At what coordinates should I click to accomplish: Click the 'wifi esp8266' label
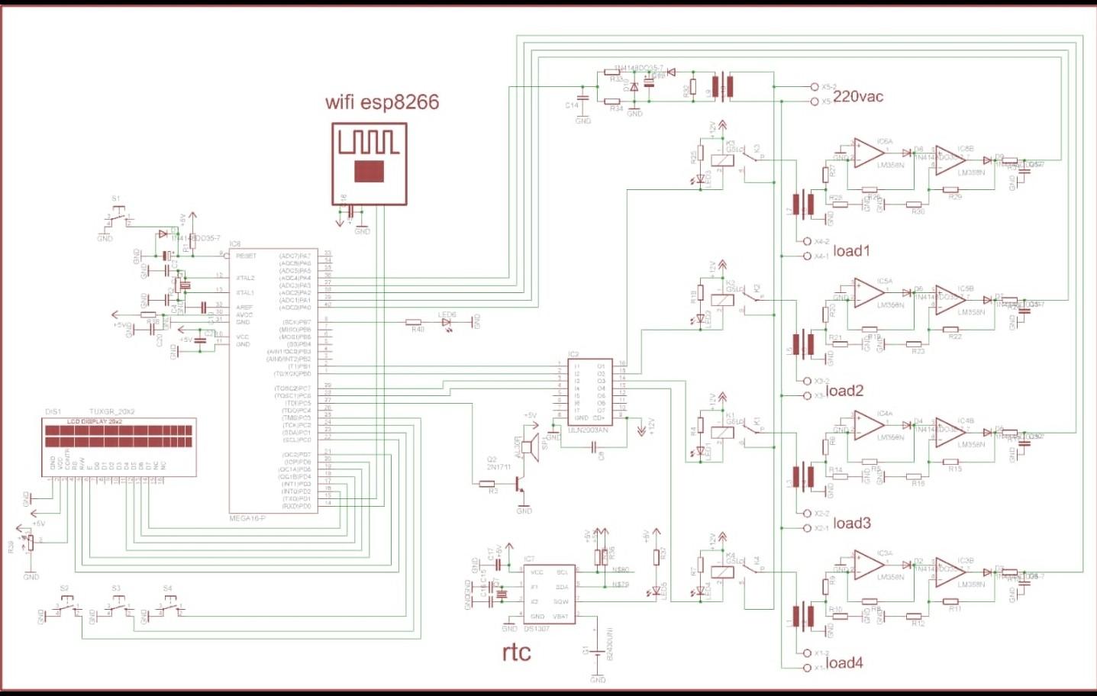382,102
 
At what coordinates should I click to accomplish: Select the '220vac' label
858,96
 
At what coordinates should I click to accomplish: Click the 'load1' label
851,251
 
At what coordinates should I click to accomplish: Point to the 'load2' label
844,391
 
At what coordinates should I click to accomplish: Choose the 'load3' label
851,524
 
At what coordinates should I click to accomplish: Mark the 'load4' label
844,663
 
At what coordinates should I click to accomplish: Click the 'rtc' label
517,652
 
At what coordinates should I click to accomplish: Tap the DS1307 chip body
549,593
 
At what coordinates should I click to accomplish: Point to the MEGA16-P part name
247,519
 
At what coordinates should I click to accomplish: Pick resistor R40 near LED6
414,323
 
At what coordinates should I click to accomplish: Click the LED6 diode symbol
447,323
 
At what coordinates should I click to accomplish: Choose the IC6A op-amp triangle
868,153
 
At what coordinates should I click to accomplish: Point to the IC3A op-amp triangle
868,565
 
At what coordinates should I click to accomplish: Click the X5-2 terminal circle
815,87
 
